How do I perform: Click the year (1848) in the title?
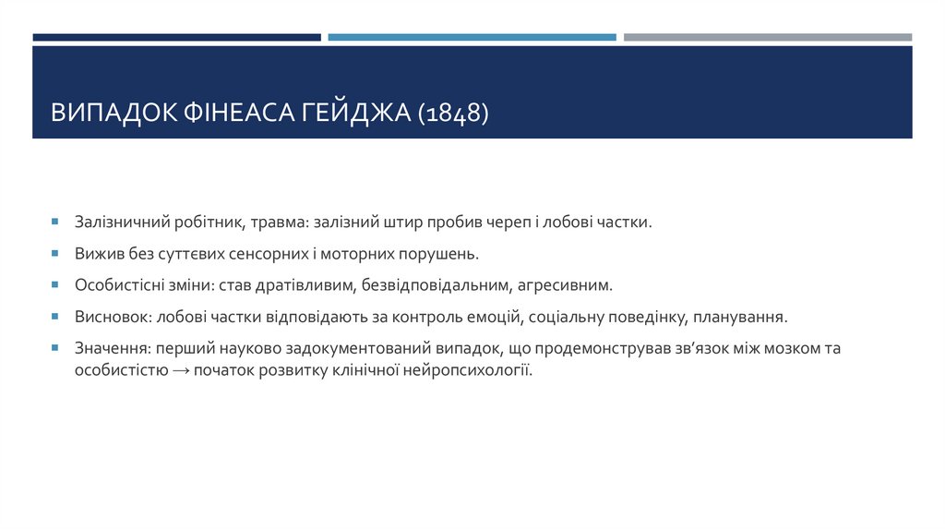point(452,114)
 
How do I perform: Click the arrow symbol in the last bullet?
point(180,370)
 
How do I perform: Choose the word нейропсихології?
point(475,370)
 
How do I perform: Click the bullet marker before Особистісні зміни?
point(55,285)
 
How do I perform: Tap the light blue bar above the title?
point(472,37)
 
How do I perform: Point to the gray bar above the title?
point(767,37)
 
